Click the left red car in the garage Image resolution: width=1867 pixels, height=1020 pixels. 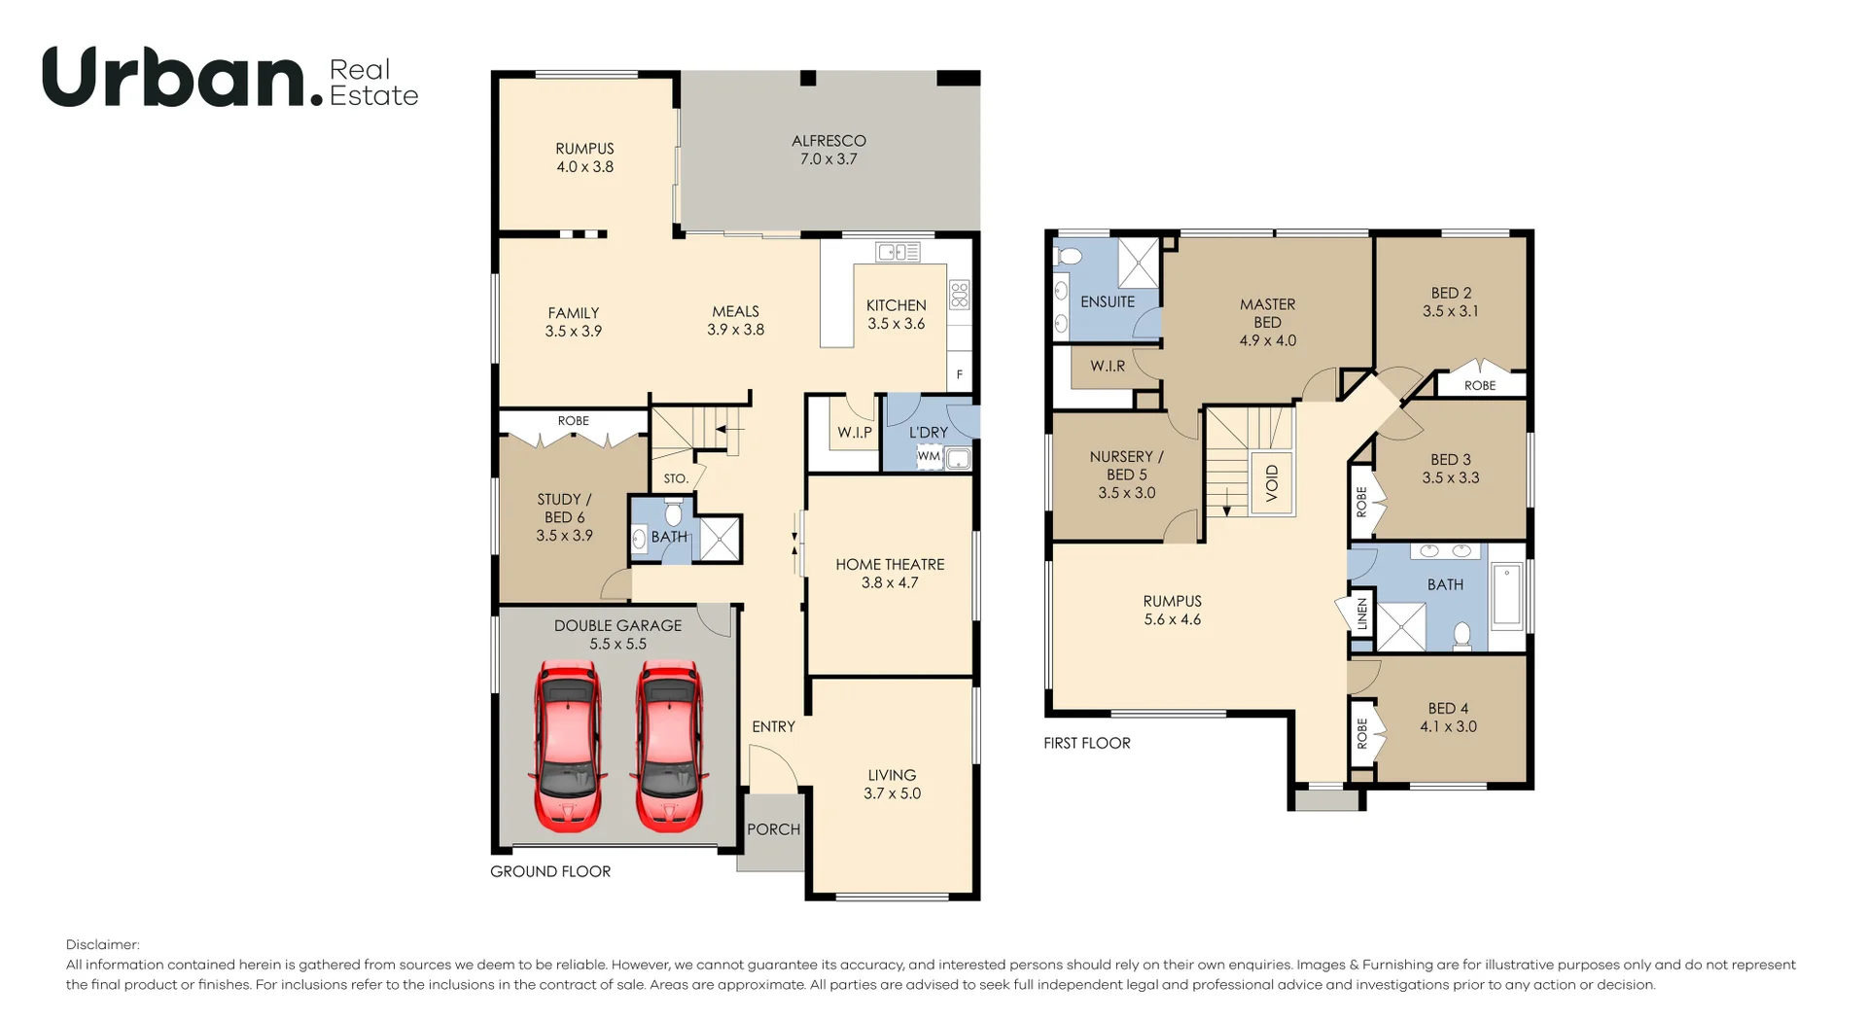(x=568, y=745)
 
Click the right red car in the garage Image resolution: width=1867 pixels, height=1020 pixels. (x=669, y=745)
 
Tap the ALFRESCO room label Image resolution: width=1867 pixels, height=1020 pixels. (x=828, y=141)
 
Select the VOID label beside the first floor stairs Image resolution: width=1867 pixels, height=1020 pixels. (x=1272, y=483)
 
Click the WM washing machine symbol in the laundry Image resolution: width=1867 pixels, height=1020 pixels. (x=929, y=456)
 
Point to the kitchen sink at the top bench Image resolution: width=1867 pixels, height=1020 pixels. (x=898, y=253)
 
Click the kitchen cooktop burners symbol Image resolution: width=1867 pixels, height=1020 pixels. (x=960, y=294)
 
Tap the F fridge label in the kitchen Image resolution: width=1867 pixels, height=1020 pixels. (x=960, y=374)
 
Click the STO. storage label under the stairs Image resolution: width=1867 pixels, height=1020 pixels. (x=676, y=478)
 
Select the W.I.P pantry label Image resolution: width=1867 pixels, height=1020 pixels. (x=855, y=432)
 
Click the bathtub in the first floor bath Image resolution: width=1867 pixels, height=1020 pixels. (x=1507, y=594)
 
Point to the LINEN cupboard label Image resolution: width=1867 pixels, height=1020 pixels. (x=1362, y=614)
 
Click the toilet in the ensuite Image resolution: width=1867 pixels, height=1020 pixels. (x=1069, y=257)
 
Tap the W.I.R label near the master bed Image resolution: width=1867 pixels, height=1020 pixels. (x=1108, y=367)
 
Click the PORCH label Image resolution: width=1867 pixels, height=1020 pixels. (x=773, y=829)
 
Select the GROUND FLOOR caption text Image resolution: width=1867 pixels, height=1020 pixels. (x=550, y=871)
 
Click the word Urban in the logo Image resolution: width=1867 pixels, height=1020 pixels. (x=175, y=78)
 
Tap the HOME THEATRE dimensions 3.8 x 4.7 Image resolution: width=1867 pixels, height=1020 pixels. (x=890, y=582)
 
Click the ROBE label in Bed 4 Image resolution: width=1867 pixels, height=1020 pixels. (x=1362, y=732)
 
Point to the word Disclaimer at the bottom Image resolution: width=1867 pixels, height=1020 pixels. (x=103, y=944)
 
